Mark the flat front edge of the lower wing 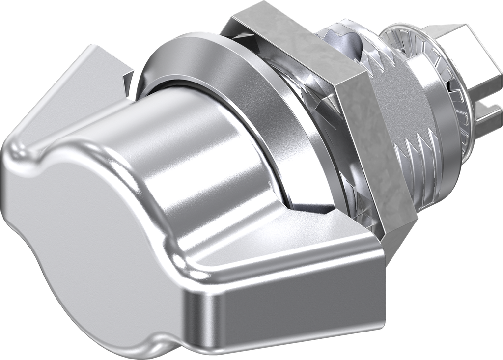click(x=295, y=314)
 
